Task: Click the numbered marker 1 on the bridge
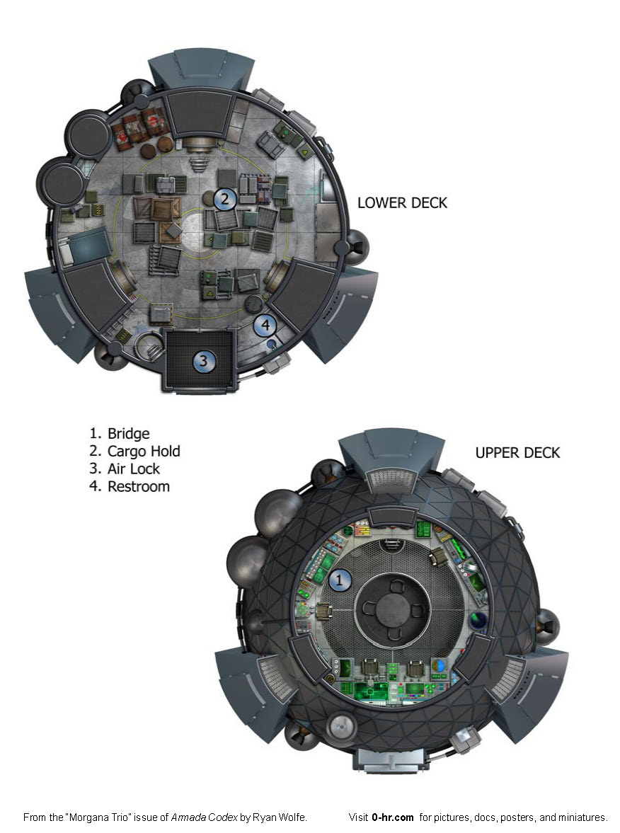coord(340,580)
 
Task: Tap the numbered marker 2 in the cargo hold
coord(225,199)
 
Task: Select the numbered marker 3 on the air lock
coord(203,361)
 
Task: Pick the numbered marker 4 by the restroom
coord(265,325)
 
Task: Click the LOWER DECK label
coord(402,203)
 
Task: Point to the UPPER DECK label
coord(517,453)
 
